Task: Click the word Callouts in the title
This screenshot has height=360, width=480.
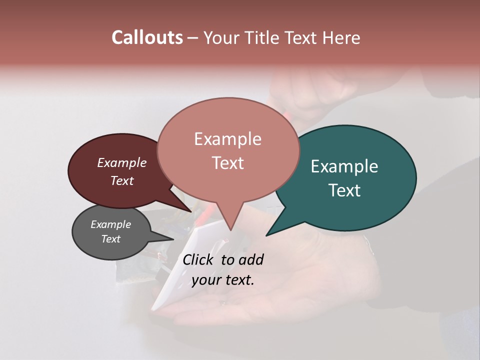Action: coord(147,37)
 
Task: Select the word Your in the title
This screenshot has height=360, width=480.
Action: coord(222,38)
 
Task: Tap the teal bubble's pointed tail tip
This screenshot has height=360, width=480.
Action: coord(267,234)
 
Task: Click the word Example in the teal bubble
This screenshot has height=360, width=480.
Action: coord(344,166)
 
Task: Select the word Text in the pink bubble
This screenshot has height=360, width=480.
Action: coord(228,163)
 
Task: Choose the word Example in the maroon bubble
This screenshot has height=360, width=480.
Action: coord(122,163)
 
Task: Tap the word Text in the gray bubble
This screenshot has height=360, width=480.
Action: coord(111,239)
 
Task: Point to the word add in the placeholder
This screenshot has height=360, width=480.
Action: coord(251,259)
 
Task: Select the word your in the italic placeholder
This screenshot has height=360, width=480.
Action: coord(206,280)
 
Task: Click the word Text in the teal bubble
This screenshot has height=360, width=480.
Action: coord(345,190)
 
